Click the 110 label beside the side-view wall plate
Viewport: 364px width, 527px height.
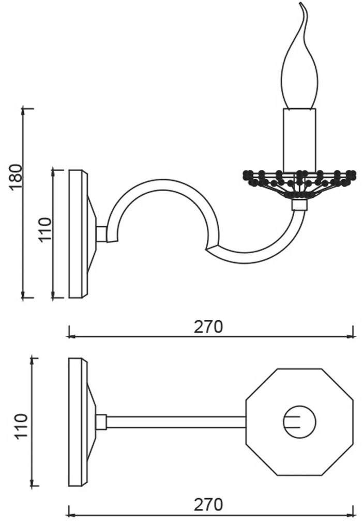tap(45, 229)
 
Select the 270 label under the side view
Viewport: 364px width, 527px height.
tap(208, 327)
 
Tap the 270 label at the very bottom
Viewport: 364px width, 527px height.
tap(208, 504)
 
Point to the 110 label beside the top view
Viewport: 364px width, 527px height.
tap(20, 426)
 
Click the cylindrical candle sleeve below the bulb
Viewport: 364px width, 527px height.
tap(299, 140)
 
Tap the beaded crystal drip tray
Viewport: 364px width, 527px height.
tap(299, 184)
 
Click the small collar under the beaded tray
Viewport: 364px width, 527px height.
tap(299, 205)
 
